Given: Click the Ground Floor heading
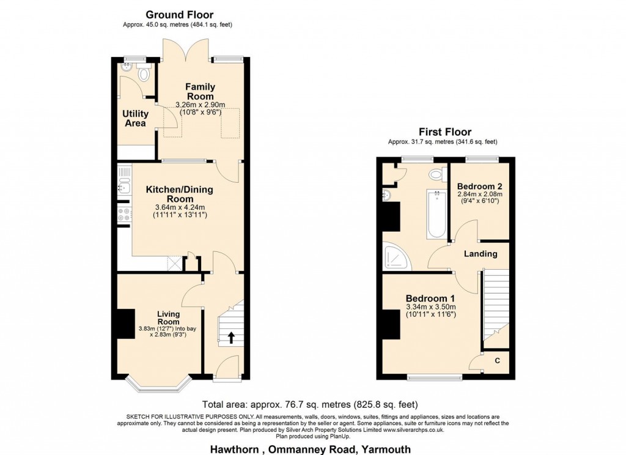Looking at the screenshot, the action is (x=179, y=15).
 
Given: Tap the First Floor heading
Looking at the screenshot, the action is (x=445, y=132).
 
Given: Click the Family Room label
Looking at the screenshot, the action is (x=201, y=92).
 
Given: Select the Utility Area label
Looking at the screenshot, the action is (x=135, y=118).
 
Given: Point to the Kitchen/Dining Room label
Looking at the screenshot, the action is (x=180, y=194).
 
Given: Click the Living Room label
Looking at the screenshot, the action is (x=168, y=317).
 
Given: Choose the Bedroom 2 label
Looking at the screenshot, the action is (x=479, y=186).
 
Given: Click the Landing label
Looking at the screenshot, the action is (x=481, y=254).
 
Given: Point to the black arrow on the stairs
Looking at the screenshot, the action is (x=230, y=338).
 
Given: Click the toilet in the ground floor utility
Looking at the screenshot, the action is (x=143, y=73).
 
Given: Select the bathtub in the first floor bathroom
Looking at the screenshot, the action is (x=437, y=213).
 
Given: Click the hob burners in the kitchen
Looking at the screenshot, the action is (x=123, y=215).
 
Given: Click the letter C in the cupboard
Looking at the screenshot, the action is (x=497, y=361).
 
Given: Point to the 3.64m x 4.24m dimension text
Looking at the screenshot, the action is (x=180, y=207).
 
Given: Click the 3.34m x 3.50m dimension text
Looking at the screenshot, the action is (x=430, y=307).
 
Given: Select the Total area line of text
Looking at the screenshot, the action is (x=310, y=405).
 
